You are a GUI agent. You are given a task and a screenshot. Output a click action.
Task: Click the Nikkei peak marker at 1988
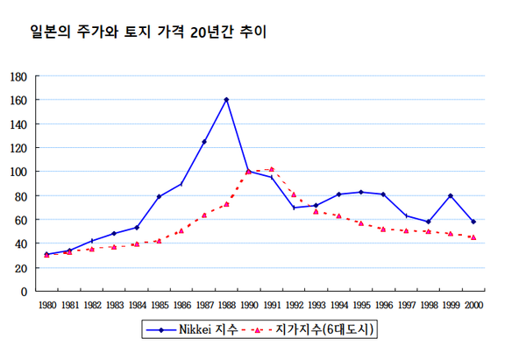point(226,100)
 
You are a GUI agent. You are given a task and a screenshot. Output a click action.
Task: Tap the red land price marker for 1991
point(272,169)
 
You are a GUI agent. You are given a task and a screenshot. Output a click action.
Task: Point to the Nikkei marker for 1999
point(451,196)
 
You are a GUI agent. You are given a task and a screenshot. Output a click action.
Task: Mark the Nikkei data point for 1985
point(159,196)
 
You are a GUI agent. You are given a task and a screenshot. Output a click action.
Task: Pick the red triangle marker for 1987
point(204,215)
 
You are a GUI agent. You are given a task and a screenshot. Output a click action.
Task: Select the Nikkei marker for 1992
point(294,208)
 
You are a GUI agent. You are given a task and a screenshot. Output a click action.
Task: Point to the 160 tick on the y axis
point(18,100)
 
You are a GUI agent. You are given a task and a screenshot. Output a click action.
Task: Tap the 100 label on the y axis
point(18,172)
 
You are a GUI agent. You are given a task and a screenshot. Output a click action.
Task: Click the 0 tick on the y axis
point(24,292)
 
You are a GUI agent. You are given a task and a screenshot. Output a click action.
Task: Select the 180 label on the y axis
point(18,76)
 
